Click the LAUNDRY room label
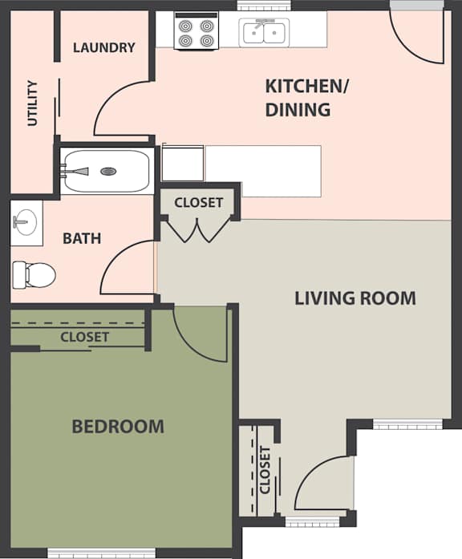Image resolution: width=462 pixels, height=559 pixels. click(104, 47)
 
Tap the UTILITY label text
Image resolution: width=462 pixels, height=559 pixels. click(33, 103)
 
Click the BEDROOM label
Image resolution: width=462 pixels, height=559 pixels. click(118, 427)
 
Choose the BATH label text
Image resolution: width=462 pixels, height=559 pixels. click(82, 238)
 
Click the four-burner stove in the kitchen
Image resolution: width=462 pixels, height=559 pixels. click(196, 31)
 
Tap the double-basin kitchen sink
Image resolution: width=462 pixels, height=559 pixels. click(263, 33)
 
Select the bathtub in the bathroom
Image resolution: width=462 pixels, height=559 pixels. click(106, 171)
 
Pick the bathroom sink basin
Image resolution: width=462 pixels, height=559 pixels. click(26, 220)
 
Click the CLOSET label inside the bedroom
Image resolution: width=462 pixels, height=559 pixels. click(84, 337)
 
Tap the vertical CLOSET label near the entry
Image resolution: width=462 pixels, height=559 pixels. click(265, 469)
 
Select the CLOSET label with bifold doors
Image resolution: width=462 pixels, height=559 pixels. click(198, 202)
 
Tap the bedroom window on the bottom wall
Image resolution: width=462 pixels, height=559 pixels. click(90, 553)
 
